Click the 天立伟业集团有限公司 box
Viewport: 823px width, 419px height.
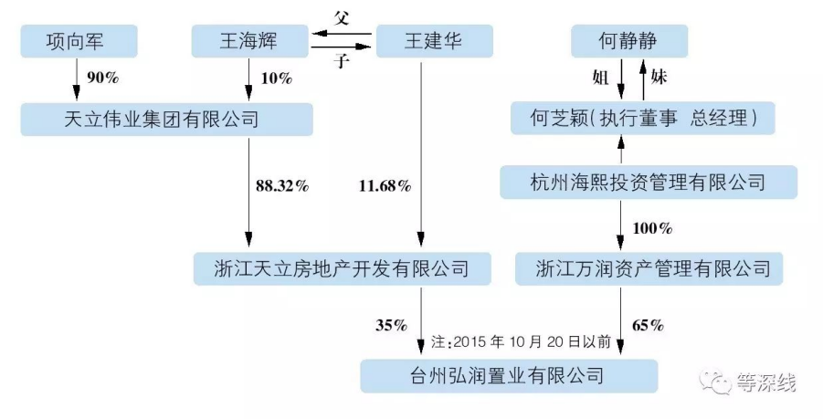coord(166,120)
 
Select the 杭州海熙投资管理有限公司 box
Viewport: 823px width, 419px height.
coord(649,183)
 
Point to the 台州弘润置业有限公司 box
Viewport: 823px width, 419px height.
coord(508,375)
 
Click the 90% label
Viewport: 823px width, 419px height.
coord(102,79)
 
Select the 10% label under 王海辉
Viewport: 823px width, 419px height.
coord(274,79)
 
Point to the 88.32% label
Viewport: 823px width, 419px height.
coord(282,186)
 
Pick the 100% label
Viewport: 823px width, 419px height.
coord(652,227)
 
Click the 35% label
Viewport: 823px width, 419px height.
coord(391,324)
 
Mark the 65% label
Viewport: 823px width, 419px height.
coord(648,324)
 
